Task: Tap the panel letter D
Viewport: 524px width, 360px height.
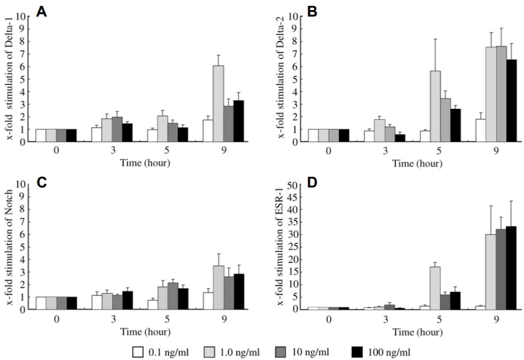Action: coord(314,183)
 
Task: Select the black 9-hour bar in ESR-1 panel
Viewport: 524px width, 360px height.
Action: coord(511,268)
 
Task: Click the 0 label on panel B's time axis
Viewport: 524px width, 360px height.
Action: coord(328,152)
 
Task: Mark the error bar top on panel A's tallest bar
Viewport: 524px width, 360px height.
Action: coord(218,55)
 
